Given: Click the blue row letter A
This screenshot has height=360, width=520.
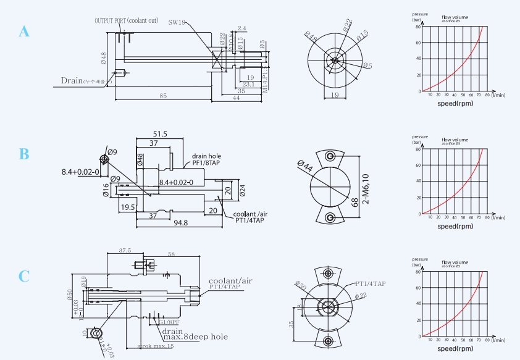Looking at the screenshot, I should [24, 31].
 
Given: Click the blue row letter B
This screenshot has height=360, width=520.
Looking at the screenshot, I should [24, 154].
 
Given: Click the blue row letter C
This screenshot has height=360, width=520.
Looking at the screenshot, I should [24, 276].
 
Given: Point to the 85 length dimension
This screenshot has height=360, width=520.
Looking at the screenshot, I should [163, 96].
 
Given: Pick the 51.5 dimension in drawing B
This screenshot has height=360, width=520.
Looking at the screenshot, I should [160, 134].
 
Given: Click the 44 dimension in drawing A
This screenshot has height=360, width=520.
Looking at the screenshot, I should [236, 98].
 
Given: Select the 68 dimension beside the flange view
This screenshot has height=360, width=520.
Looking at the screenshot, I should [354, 201].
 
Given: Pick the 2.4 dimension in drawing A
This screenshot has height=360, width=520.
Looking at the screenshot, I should [241, 28].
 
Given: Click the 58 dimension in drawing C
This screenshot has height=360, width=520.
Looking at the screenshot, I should [170, 254].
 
